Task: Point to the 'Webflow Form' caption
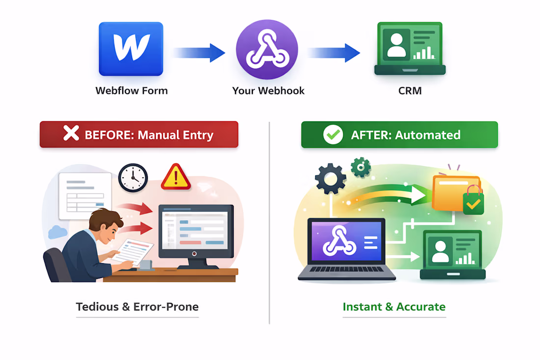[x=131, y=91]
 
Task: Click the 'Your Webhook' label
[x=268, y=91]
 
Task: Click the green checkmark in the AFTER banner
[x=333, y=135]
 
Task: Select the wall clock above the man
[x=133, y=178]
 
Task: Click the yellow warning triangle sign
[x=175, y=177]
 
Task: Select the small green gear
[x=361, y=167]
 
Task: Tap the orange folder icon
[x=454, y=193]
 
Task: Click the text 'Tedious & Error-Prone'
[x=137, y=307]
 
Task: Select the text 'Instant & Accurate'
[x=394, y=307]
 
